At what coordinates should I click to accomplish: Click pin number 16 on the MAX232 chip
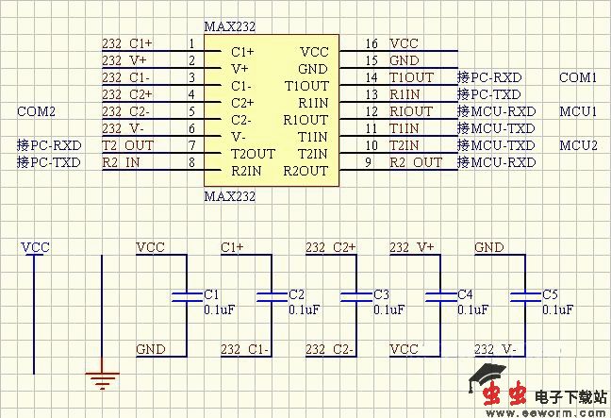pyautogui.click(x=372, y=43)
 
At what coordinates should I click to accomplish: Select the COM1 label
pyautogui.click(x=578, y=77)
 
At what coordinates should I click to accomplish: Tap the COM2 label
pyautogui.click(x=37, y=111)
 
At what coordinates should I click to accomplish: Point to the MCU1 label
pyautogui.click(x=579, y=111)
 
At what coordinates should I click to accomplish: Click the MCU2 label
pyautogui.click(x=579, y=145)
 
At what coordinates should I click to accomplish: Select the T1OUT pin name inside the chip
pyautogui.click(x=306, y=86)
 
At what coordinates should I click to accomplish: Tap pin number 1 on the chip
pyautogui.click(x=191, y=43)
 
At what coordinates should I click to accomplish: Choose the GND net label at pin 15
pyautogui.click(x=404, y=60)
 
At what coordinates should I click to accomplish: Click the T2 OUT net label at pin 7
pyautogui.click(x=126, y=145)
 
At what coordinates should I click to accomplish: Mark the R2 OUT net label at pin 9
pyautogui.click(x=415, y=162)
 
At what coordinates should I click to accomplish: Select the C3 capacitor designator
pyautogui.click(x=381, y=294)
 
